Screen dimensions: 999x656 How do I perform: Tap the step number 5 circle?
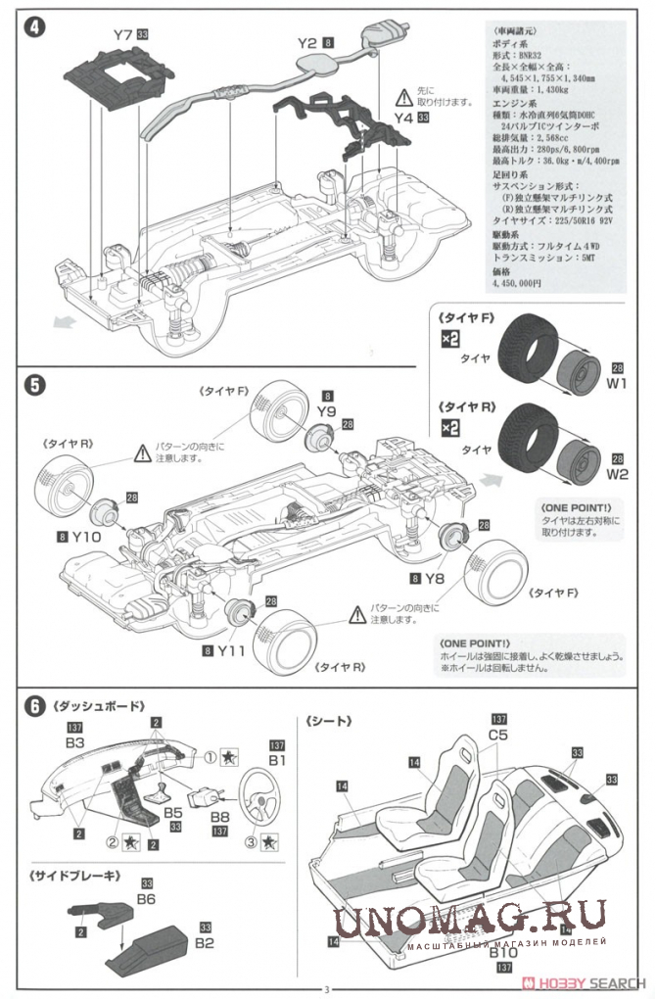35,385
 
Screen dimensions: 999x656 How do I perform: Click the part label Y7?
122,36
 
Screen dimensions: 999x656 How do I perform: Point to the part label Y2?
306,43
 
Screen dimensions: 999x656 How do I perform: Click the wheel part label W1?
617,384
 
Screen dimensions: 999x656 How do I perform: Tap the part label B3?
76,743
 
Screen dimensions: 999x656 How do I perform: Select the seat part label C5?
497,734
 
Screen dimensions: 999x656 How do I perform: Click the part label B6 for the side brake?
148,898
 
